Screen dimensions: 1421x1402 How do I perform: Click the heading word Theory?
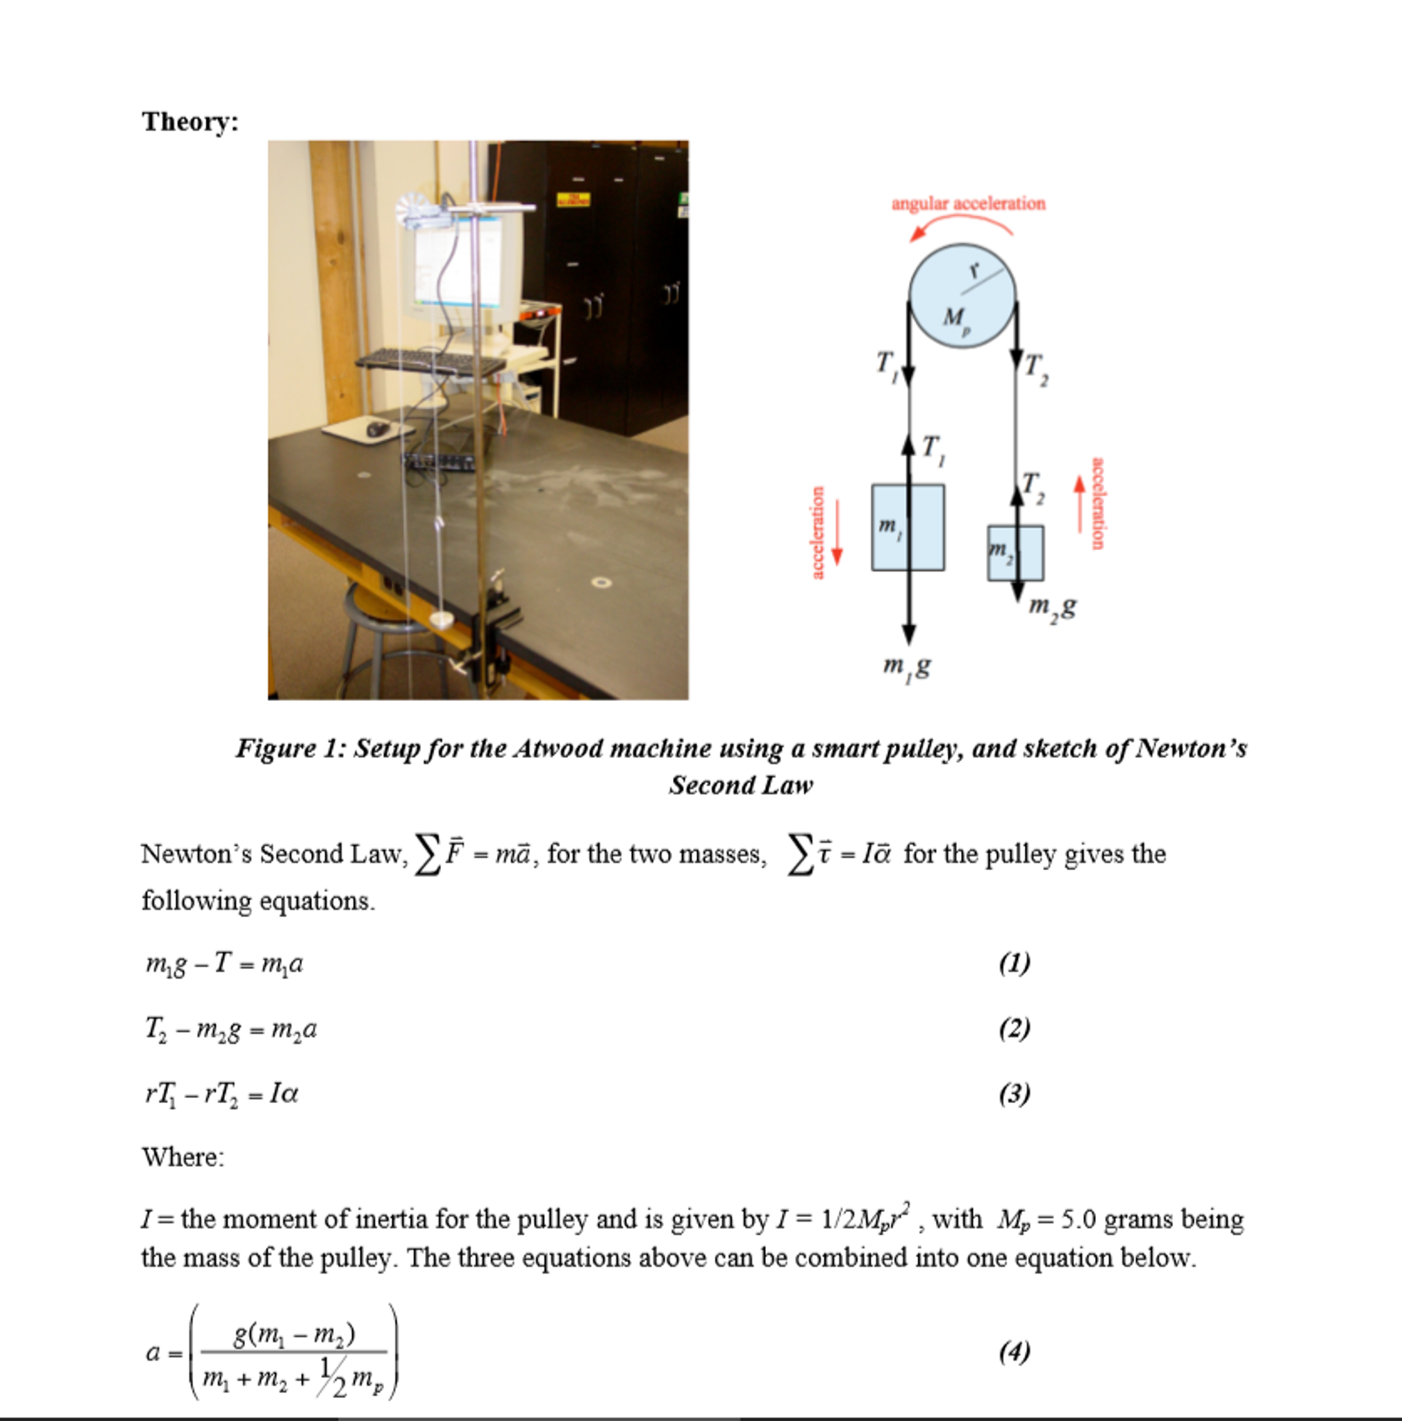coord(189,122)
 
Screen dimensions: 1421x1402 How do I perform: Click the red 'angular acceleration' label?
coord(967,203)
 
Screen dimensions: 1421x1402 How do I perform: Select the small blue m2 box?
coord(1015,553)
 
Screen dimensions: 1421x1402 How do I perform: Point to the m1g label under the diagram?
coord(907,666)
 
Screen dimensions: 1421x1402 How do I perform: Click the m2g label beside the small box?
coord(1052,607)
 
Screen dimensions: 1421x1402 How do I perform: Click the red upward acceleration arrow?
coord(1078,504)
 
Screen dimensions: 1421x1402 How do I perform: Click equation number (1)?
coord(1014,963)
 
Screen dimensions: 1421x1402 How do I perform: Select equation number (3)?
coord(1014,1094)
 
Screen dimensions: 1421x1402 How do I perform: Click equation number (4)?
coord(1014,1351)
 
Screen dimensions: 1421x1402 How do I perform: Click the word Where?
coord(183,1157)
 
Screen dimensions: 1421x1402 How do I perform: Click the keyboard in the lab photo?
coord(430,360)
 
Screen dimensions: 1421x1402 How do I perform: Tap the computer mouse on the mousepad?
coord(376,428)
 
